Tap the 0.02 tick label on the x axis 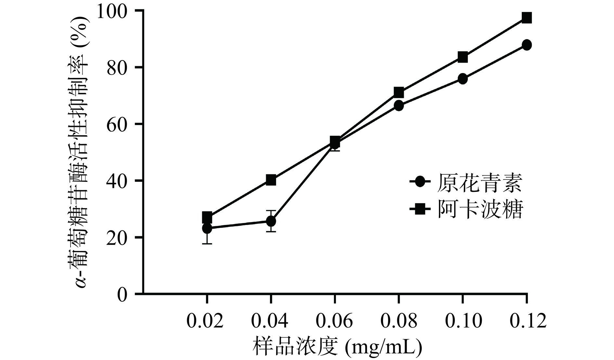click(x=205, y=321)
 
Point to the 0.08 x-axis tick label click(x=399, y=321)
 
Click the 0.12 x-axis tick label click(x=528, y=321)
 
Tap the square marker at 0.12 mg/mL click(x=527, y=18)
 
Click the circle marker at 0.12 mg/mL click(x=527, y=45)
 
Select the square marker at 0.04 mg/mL click(x=271, y=180)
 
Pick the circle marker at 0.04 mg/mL click(x=271, y=221)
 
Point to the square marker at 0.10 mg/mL click(x=463, y=57)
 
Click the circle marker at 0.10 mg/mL click(x=463, y=79)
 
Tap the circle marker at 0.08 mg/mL click(x=399, y=106)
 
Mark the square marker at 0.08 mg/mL click(x=399, y=93)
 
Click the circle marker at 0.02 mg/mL click(x=207, y=228)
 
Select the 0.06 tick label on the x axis click(x=334, y=321)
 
